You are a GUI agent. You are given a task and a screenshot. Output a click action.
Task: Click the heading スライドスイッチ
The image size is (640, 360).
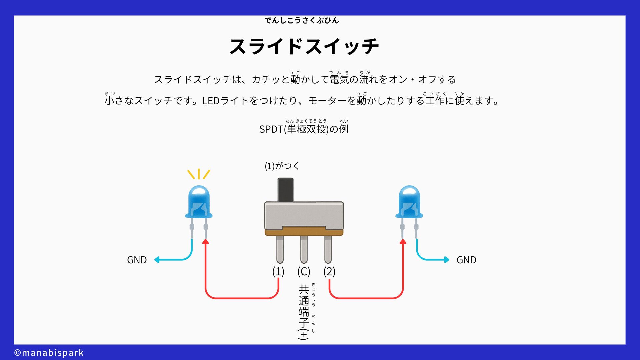click(304, 46)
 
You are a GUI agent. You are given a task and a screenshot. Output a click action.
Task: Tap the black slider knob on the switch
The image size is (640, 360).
click(285, 190)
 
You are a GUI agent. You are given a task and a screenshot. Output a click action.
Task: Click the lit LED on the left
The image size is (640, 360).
click(199, 202)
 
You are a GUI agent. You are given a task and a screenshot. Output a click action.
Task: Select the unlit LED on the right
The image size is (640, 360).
click(409, 202)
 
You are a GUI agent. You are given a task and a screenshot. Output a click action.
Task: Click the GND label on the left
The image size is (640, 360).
click(137, 260)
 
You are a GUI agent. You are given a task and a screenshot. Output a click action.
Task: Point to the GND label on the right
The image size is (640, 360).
click(466, 260)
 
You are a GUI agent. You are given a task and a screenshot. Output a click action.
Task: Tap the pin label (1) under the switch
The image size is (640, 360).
click(278, 272)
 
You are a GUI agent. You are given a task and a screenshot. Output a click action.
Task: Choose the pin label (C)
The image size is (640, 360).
click(304, 272)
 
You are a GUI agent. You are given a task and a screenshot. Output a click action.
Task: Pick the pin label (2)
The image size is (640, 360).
click(329, 272)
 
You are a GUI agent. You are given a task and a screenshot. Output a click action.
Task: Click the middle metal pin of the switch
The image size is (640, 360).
click(304, 249)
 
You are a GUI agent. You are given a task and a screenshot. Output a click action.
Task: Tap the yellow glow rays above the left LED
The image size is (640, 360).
click(199, 174)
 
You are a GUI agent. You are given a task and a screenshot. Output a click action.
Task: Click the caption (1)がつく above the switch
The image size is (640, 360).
click(282, 166)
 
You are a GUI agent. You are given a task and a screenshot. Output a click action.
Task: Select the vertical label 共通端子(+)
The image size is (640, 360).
click(304, 312)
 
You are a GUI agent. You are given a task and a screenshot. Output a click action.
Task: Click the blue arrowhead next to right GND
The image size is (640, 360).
click(447, 260)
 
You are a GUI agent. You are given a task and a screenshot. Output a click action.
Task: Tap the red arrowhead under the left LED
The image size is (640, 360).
click(206, 242)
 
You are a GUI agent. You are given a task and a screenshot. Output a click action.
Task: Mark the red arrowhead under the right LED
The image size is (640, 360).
click(403, 242)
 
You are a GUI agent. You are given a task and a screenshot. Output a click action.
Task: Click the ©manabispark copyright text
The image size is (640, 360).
click(49, 353)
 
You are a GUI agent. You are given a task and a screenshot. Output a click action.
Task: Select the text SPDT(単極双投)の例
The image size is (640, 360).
click(304, 129)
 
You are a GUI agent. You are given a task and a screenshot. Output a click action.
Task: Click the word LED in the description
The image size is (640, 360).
click(211, 101)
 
